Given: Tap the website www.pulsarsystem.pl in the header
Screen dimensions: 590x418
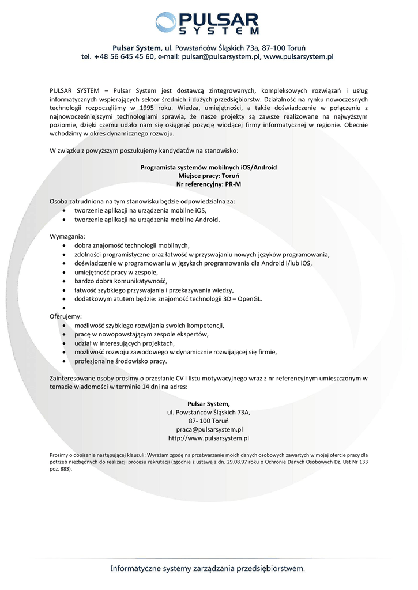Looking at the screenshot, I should tap(299, 57).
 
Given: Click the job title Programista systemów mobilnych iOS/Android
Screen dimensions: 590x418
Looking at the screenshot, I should tap(209, 167).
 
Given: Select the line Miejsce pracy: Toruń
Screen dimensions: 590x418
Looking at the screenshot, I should tap(209, 176).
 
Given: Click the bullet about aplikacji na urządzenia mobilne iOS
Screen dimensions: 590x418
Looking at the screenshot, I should tap(140, 210).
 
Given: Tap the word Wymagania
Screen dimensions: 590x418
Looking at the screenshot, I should tap(67, 237).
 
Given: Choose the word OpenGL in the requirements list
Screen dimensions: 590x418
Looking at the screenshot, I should tap(250, 299).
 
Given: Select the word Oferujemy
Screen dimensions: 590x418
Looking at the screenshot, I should tap(66, 316).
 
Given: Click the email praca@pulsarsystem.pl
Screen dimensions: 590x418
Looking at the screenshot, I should tap(209, 429).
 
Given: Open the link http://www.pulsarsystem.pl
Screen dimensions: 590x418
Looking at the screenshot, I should tap(209, 438).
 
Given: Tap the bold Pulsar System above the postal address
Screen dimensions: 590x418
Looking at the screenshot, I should tap(209, 403).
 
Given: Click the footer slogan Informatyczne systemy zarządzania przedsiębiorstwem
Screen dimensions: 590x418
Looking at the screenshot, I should tap(208, 569).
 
